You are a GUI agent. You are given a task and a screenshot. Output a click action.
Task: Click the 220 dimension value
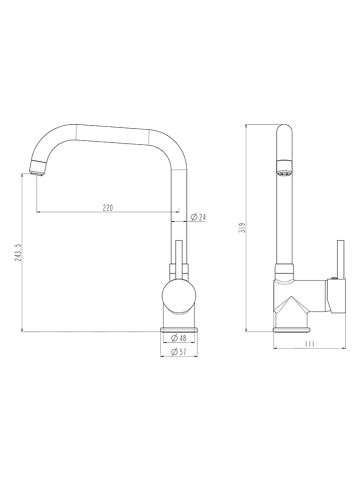click(108, 208)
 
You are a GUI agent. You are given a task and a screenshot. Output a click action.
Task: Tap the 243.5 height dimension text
click(18, 252)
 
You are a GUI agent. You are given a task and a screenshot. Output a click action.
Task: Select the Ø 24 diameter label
click(198, 217)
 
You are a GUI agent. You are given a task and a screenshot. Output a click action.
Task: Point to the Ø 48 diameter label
click(178, 338)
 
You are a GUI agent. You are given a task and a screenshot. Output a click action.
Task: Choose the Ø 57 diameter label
click(178, 351)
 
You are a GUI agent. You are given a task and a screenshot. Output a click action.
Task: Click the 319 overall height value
click(243, 228)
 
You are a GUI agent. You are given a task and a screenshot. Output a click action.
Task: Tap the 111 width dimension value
click(310, 344)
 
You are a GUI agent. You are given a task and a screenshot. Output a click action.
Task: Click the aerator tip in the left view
click(37, 168)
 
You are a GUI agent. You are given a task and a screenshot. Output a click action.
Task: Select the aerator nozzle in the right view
click(285, 168)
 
